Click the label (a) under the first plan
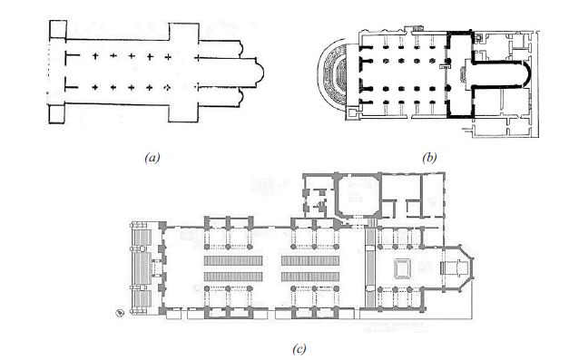(152, 158)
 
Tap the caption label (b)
(429, 158)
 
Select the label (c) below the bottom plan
(299, 348)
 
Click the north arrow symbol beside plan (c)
(120, 313)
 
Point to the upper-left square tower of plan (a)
(58, 29)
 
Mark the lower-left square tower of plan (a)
(57, 114)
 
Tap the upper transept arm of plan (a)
(184, 31)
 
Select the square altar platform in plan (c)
(403, 268)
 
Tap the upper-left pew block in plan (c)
(233, 261)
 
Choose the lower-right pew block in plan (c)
(310, 277)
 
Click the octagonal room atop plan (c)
(358, 195)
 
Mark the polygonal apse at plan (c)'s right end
(458, 268)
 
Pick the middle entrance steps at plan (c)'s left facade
(143, 268)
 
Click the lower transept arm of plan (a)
(184, 113)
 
